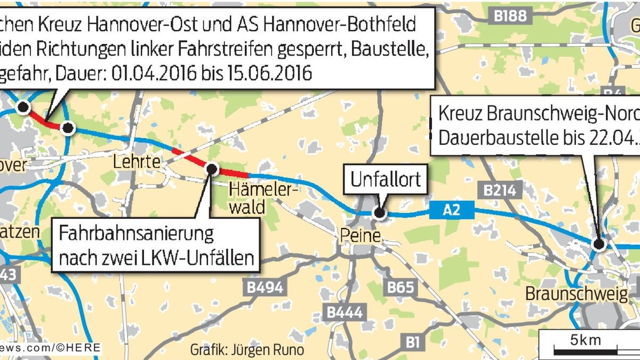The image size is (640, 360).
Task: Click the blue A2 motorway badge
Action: point(451,212)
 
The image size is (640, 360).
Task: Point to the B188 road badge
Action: point(510,17)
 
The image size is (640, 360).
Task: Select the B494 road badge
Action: point(265,287)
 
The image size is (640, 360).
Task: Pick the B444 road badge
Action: point(345,313)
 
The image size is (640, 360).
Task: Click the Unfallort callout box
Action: point(385,180)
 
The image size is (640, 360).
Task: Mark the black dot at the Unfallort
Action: point(379,213)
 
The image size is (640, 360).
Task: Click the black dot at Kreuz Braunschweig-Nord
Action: point(598,244)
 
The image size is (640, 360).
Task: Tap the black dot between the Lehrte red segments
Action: point(211,169)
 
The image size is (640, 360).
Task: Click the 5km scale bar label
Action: point(585,339)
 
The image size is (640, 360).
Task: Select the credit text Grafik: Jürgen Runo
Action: point(247,350)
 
